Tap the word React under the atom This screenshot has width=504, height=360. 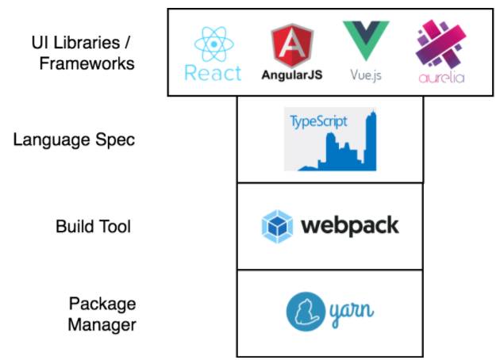click(212, 74)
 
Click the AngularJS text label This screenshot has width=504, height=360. click(291, 76)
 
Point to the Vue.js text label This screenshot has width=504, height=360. click(365, 76)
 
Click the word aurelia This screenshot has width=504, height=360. click(440, 78)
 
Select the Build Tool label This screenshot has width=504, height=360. click(93, 226)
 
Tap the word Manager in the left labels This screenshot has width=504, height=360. click(101, 324)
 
